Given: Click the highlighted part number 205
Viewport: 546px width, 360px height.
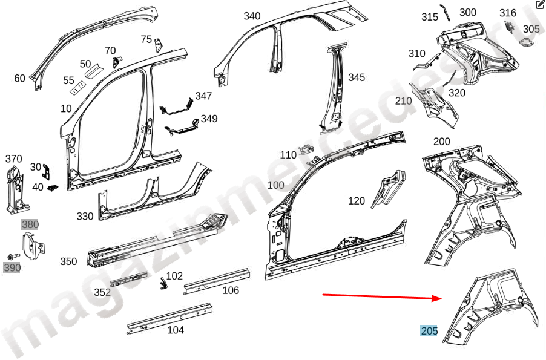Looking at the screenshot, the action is [x=429, y=330].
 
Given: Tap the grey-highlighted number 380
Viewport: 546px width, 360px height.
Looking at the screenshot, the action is [x=30, y=224].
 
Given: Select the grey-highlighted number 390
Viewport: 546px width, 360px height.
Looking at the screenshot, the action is [x=12, y=268].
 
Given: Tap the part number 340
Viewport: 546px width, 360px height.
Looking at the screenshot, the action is [x=252, y=16].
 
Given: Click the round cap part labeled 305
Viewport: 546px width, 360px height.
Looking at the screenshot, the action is [x=526, y=42].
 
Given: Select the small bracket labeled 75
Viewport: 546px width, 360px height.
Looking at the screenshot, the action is [x=159, y=45].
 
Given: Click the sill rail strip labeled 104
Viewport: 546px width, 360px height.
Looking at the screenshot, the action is [x=169, y=319].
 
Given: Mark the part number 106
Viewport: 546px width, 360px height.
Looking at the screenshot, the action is [x=231, y=290].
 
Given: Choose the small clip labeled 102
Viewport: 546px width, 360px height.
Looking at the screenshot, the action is [x=163, y=283].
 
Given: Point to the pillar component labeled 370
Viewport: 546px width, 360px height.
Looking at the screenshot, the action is [x=17, y=190].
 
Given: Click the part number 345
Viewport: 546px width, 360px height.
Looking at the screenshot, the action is [x=357, y=77].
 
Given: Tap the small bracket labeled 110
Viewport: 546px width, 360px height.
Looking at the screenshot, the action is [x=306, y=149].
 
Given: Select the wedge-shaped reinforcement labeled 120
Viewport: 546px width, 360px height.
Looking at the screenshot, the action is [x=388, y=189].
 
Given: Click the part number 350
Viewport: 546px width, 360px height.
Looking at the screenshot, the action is [x=68, y=261].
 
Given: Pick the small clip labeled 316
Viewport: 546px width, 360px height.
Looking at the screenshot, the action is [x=510, y=27].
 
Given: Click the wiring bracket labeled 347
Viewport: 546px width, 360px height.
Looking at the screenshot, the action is [x=177, y=106].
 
